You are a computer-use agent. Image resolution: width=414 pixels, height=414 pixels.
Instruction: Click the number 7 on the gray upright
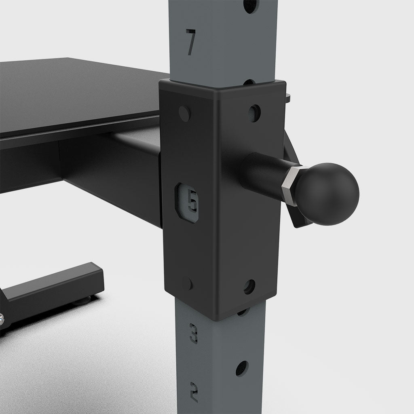point(191,41)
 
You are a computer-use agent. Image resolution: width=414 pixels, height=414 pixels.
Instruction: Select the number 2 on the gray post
point(194,391)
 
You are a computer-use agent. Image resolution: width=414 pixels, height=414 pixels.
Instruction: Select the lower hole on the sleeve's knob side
point(250,286)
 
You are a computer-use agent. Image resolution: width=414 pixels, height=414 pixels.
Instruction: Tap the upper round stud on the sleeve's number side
point(184,114)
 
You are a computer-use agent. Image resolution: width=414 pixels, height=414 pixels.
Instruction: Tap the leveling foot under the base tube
point(82,300)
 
